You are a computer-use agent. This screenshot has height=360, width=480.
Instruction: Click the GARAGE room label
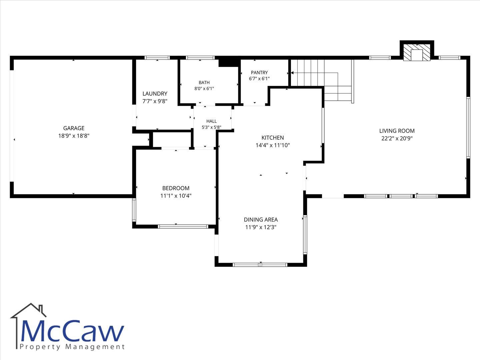click(74, 128)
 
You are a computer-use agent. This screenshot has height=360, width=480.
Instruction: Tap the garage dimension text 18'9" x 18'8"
click(74, 136)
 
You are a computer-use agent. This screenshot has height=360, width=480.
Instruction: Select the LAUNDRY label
click(155, 94)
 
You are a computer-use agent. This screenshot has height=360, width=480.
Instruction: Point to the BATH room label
click(204, 82)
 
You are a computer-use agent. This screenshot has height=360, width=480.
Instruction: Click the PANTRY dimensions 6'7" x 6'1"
click(259, 78)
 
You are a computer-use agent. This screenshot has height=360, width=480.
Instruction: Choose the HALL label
click(211, 121)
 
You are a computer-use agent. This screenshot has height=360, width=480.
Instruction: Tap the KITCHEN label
click(273, 138)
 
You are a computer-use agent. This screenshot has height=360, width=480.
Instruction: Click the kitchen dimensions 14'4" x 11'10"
click(273, 145)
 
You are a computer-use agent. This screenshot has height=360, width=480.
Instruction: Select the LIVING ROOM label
click(397, 131)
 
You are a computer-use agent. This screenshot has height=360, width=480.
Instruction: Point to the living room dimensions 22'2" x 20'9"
click(397, 138)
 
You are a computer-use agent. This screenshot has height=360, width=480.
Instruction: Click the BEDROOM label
click(176, 188)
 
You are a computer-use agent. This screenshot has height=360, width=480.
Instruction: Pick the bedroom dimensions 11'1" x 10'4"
click(176, 196)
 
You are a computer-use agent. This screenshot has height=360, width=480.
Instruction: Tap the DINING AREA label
click(261, 219)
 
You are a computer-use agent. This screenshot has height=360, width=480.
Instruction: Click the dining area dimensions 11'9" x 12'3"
click(261, 227)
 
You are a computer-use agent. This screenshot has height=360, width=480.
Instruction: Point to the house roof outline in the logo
click(28, 310)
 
